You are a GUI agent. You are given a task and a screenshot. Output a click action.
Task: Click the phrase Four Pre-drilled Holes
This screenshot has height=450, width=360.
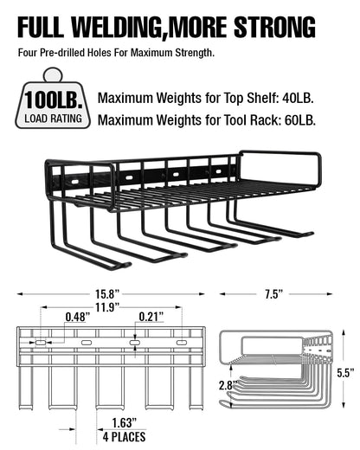(x=65, y=52)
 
